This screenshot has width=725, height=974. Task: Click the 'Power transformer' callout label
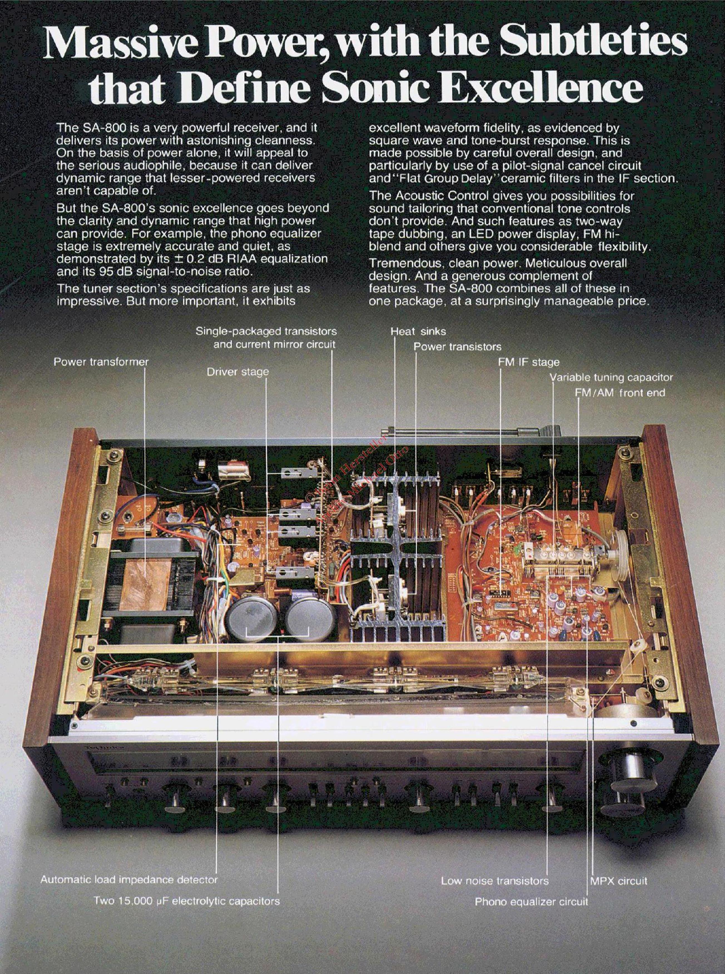click(x=101, y=362)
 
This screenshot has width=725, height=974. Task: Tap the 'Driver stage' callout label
click(x=237, y=372)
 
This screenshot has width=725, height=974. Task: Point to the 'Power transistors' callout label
click(x=457, y=347)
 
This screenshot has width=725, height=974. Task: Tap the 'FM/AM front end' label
click(x=620, y=393)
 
